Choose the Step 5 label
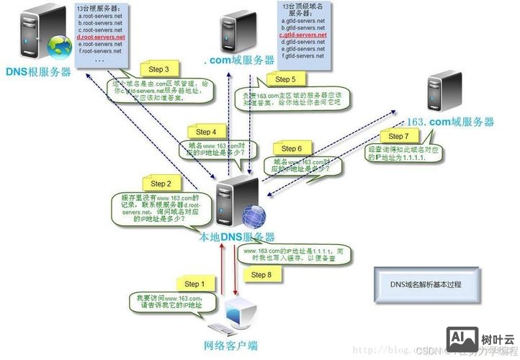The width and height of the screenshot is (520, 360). click(x=285, y=79)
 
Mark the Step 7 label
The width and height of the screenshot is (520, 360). click(x=398, y=136)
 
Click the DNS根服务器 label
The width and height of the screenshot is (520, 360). click(x=39, y=72)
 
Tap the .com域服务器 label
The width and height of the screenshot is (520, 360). click(x=238, y=60)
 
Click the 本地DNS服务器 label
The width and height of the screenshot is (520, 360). click(x=237, y=237)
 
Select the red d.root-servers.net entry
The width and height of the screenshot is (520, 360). click(x=100, y=37)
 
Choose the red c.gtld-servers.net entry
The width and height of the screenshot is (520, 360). click(x=303, y=35)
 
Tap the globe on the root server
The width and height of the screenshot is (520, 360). click(x=55, y=47)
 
